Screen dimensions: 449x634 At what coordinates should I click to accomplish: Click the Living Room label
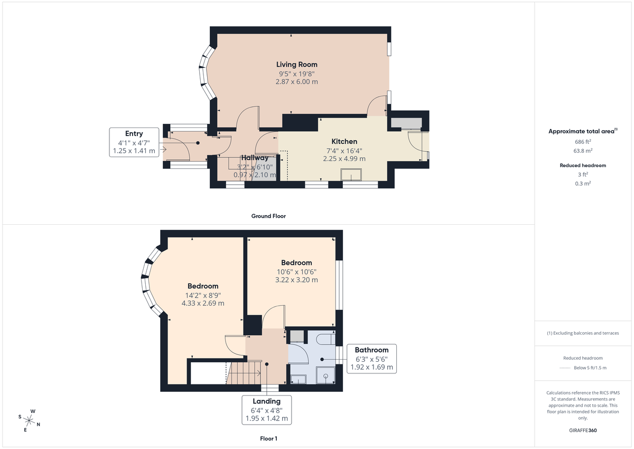(296, 65)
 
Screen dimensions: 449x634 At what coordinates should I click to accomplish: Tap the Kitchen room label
(344, 141)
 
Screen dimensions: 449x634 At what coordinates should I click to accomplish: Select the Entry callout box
(134, 142)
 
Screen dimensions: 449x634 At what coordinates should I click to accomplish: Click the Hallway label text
(255, 158)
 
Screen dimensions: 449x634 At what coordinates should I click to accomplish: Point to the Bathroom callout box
(371, 359)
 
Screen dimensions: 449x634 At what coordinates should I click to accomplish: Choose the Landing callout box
(266, 409)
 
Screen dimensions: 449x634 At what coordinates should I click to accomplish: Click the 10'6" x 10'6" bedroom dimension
(296, 272)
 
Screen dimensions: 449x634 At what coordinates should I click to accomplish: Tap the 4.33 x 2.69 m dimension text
(202, 304)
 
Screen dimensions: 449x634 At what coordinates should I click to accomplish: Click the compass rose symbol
(30, 421)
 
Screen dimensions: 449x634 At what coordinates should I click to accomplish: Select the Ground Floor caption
(268, 216)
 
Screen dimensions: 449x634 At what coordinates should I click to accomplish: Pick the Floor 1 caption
(268, 438)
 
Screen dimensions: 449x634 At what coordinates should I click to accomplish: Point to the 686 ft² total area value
(583, 142)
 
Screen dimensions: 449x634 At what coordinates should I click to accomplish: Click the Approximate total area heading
(582, 131)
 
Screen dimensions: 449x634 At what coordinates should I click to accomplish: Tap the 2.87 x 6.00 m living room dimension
(296, 82)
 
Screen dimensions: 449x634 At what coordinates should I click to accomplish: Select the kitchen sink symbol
(350, 175)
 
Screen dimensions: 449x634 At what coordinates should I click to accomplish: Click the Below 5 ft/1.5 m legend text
(590, 368)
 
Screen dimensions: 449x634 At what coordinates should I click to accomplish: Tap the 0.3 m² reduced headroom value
(583, 184)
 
